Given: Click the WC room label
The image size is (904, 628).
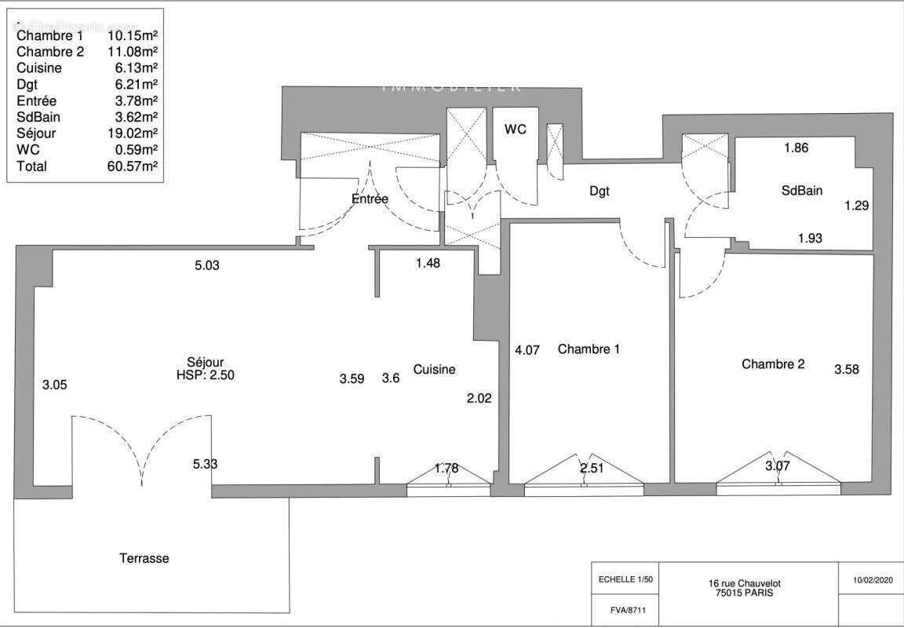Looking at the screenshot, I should point(516,130).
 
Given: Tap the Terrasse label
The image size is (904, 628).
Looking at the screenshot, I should point(144,558).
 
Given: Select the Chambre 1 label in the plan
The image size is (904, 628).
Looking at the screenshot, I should point(589,349).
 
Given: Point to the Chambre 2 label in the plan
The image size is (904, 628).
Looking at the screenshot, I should point(773,364).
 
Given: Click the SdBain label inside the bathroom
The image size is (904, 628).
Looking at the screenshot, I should point(801,190).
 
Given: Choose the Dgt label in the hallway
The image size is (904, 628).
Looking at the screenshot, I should point(600,191).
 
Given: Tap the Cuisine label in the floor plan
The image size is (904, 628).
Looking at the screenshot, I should point(435,369).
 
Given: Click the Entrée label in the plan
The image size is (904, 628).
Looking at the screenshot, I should point(370,199).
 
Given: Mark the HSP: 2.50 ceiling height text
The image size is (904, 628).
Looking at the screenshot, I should point(206,375).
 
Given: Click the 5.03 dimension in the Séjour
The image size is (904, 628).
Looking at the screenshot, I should point(206,265).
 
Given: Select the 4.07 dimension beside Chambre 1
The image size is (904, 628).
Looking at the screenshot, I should point(527,351).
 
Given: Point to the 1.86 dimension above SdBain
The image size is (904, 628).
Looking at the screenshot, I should point(796,147).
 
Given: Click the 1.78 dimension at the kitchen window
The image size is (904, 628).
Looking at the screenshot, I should point(446,469).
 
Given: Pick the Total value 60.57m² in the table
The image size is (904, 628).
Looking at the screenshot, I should point(133,166).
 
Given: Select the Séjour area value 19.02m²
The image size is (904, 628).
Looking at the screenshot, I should point(133,133).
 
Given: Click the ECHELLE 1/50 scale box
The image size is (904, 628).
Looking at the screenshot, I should point(625,579).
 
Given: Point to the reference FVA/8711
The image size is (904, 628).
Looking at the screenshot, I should point(625,609).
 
